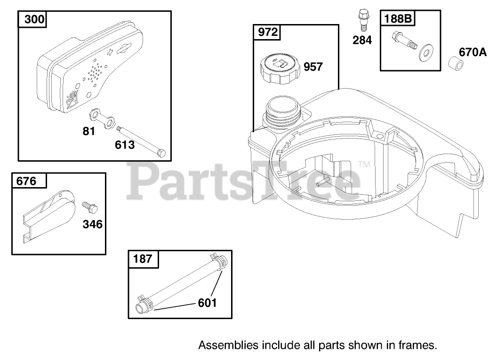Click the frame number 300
[34, 19]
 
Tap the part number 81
[89, 131]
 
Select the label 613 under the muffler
[125, 145]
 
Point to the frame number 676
[26, 181]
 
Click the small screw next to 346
[90, 207]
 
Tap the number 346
[93, 224]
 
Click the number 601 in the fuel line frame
[207, 303]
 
